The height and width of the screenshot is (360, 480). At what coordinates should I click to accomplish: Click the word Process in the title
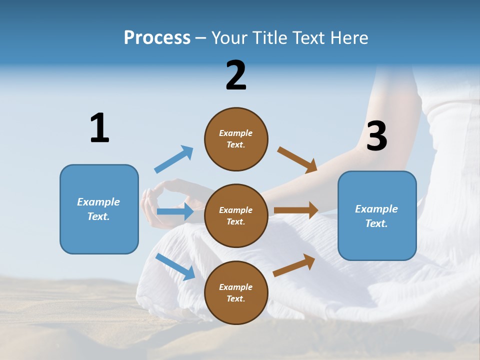(x=157, y=37)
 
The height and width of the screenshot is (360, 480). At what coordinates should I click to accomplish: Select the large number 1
(x=99, y=128)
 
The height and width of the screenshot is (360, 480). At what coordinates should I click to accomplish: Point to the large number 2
(x=236, y=75)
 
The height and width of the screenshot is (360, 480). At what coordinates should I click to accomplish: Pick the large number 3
(x=376, y=136)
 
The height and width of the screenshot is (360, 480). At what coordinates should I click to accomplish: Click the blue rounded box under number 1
(x=99, y=209)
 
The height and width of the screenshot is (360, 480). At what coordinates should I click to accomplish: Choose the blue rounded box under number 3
(x=377, y=215)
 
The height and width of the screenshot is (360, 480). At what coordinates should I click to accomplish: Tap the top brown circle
(x=236, y=139)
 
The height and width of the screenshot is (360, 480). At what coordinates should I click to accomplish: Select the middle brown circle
(x=236, y=215)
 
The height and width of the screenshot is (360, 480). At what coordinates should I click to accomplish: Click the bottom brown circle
(x=236, y=292)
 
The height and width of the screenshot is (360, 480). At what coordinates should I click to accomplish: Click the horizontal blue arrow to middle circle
(x=175, y=211)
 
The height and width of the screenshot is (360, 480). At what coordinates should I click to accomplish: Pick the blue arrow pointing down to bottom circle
(x=175, y=266)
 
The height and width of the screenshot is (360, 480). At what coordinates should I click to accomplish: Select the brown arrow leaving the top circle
(x=297, y=159)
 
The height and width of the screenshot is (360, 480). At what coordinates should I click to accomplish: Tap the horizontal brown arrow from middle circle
(x=296, y=210)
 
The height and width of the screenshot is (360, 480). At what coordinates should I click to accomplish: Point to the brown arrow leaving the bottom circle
(x=294, y=265)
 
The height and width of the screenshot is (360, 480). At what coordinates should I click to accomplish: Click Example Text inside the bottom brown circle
(x=236, y=292)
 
